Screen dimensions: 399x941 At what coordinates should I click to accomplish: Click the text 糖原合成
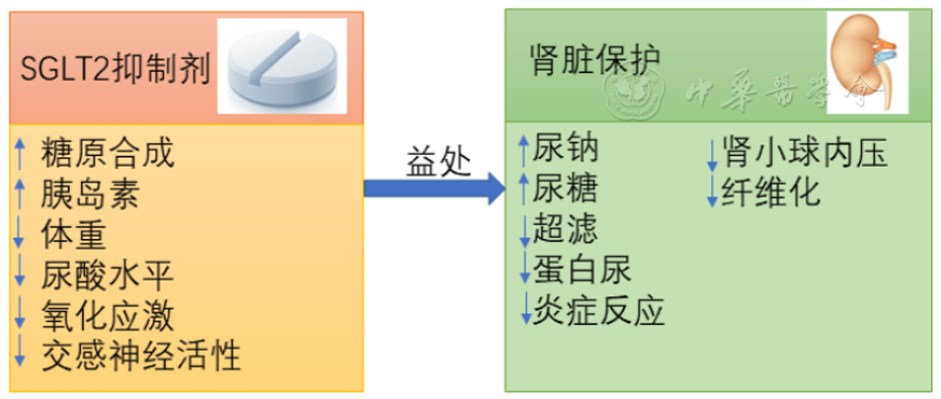tap(108, 153)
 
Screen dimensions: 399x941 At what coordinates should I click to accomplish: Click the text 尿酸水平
tap(108, 275)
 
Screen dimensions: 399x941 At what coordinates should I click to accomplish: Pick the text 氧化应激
tap(108, 315)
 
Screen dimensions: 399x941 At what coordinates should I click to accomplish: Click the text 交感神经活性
tap(141, 353)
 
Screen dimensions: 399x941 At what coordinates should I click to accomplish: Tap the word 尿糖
tap(566, 188)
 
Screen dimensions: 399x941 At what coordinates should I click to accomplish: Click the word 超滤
tap(566, 228)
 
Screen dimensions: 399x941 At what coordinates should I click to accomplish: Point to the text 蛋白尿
tap(583, 269)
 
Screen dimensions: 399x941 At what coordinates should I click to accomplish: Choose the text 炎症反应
tap(599, 310)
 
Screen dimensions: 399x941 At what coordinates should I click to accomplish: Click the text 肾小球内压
tap(805, 152)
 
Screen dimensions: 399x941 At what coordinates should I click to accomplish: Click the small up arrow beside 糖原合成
tap(20, 153)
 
